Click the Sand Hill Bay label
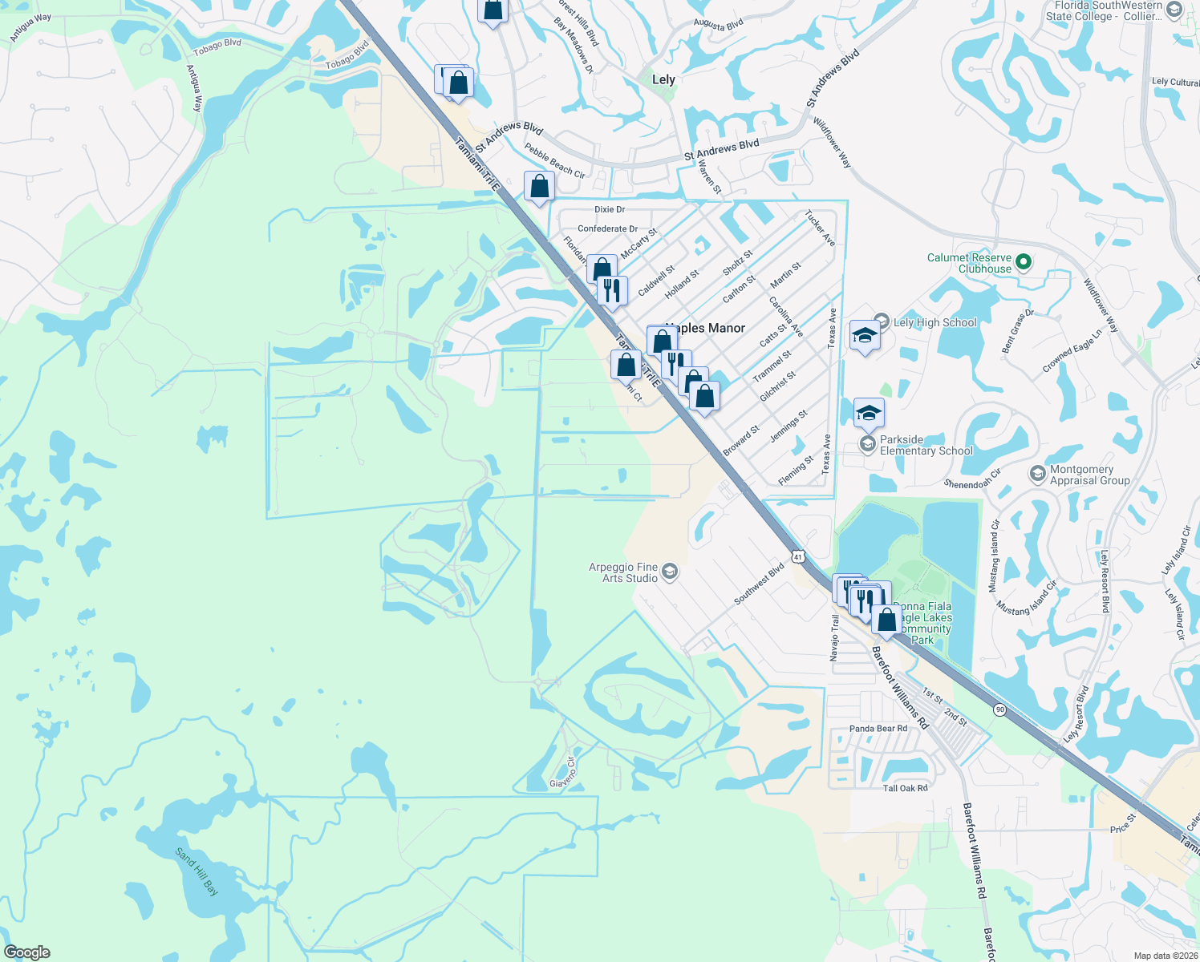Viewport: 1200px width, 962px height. tap(197, 872)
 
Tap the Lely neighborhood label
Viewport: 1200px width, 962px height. tap(663, 79)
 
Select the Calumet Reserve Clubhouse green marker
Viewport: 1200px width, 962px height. tap(1023, 262)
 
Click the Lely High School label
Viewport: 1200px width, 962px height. tap(934, 322)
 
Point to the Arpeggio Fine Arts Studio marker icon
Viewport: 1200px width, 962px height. tap(671, 572)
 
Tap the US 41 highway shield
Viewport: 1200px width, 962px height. tap(797, 556)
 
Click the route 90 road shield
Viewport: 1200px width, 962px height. tap(999, 709)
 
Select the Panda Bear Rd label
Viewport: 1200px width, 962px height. tap(878, 729)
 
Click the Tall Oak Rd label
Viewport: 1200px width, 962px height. tap(905, 788)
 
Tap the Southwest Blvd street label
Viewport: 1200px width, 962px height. tap(759, 584)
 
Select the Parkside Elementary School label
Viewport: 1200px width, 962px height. tap(926, 445)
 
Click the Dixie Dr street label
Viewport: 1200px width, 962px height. tap(610, 209)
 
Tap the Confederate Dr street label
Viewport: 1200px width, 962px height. tap(607, 228)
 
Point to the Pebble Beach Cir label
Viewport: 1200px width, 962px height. tap(555, 160)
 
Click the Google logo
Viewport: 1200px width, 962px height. tap(26, 952)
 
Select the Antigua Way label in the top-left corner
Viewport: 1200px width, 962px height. tap(30, 28)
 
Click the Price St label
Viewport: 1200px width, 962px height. tap(1123, 823)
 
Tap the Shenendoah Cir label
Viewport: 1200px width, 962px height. tap(972, 479)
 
